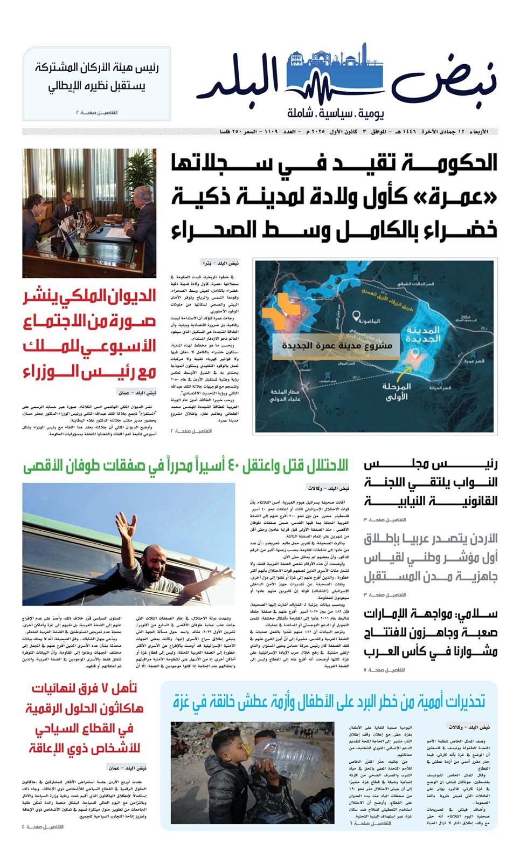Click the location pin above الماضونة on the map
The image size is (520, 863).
[356, 314]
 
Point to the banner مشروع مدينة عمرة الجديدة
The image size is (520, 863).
[336, 346]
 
